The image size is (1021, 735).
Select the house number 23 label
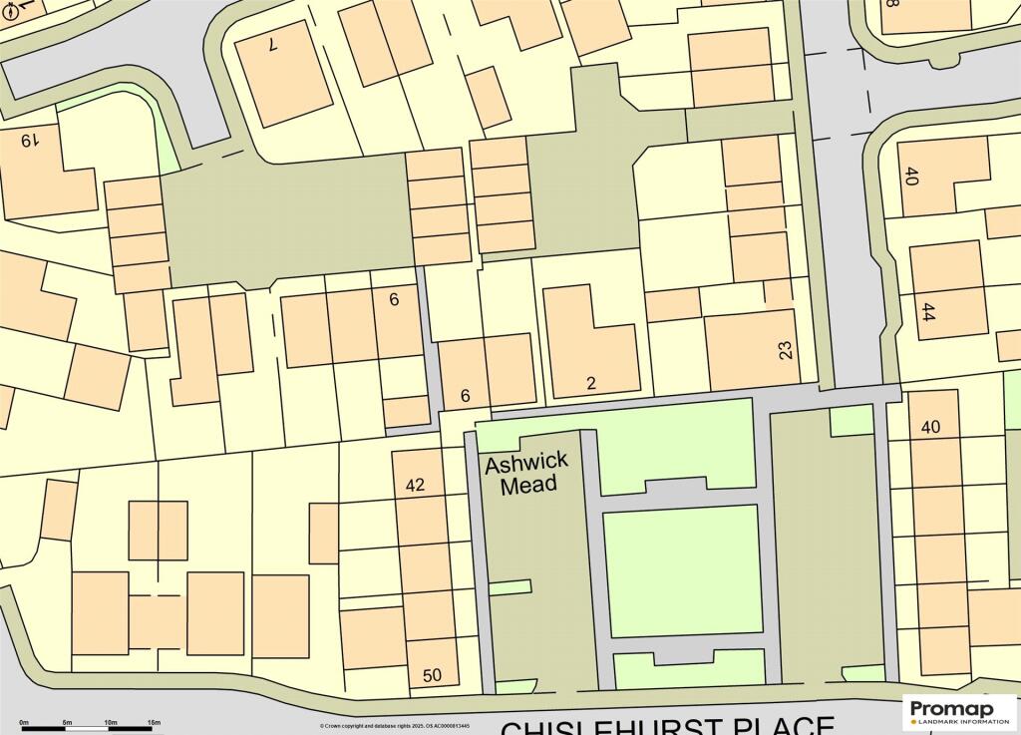point(786,350)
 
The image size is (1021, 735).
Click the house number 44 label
point(929,310)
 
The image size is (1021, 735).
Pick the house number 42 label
point(416,486)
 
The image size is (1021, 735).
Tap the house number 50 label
point(432,676)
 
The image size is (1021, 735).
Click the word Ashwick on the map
point(526,464)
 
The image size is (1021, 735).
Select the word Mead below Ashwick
point(528,486)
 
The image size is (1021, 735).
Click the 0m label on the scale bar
point(25,721)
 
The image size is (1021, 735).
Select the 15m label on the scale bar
point(154,721)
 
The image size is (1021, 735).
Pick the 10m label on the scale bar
point(111,721)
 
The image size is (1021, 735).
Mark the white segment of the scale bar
point(89,729)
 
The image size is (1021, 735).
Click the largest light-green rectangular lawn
point(681,570)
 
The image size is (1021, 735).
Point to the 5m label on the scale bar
point(68,721)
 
